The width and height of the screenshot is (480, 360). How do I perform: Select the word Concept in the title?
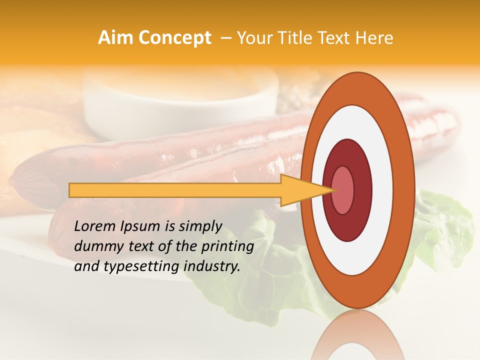(175, 38)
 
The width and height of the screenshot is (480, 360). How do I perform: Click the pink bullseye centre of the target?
(342, 190)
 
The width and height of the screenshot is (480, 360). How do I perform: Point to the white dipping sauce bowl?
(180, 100)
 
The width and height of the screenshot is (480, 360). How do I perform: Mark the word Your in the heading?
(255, 38)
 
